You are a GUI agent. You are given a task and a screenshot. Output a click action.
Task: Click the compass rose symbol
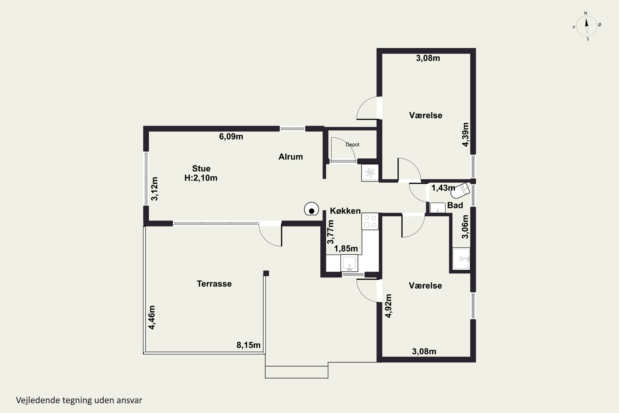[x=587, y=26]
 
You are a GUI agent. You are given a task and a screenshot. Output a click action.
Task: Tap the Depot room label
[x=352, y=145]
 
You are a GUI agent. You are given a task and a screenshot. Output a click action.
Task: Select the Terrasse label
[x=214, y=284]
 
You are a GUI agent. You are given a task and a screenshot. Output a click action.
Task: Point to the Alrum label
[x=291, y=157]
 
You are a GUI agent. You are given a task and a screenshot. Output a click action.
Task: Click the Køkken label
[x=345, y=211]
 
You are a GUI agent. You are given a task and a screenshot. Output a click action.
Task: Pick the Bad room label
[x=455, y=205]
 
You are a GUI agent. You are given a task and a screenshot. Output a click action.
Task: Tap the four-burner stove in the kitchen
[x=370, y=221]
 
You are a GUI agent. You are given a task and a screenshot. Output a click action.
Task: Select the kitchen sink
[x=349, y=263]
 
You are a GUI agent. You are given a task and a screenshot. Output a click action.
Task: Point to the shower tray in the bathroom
[x=461, y=259]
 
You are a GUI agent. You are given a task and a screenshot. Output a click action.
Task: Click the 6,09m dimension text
[x=231, y=136]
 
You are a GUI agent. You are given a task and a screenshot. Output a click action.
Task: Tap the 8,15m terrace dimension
[x=248, y=345]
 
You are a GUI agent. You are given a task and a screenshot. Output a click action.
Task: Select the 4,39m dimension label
[x=465, y=135]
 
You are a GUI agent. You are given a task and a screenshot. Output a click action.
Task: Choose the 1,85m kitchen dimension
[x=346, y=248]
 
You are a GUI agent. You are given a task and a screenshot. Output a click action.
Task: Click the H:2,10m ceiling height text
[x=201, y=178]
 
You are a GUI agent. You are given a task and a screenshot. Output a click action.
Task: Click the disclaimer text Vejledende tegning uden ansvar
[x=79, y=400]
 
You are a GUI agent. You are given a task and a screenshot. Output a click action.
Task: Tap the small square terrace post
[x=266, y=273]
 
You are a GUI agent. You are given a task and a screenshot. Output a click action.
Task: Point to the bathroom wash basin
[x=437, y=208]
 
